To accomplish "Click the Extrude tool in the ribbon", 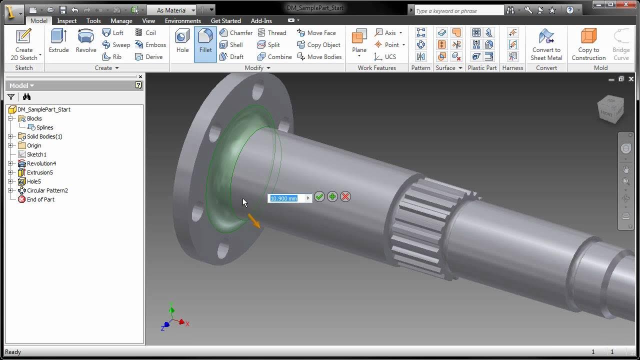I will [x=58, y=40].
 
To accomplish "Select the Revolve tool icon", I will [x=86, y=40].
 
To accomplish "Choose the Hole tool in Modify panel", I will [x=182, y=40].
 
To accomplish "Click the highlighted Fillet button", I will [x=205, y=40].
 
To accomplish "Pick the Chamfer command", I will [x=236, y=33].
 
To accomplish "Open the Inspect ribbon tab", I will [x=66, y=21].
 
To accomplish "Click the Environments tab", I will [x=182, y=21].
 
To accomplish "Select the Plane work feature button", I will [x=359, y=40].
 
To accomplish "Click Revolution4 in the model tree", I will [x=41, y=163].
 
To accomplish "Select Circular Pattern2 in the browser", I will [x=47, y=190].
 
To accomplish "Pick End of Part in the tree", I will [x=40, y=199].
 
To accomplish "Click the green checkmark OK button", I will [x=319, y=197].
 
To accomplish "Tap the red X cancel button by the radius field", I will [x=345, y=197].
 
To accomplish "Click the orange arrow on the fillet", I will [x=254, y=221].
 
